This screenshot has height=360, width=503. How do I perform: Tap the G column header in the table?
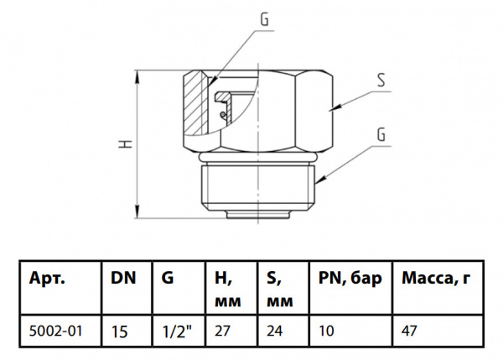[168, 278]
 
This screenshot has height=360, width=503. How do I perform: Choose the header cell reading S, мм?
[277, 287]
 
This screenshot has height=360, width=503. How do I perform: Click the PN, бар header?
[350, 278]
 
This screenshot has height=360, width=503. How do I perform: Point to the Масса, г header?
[436, 278]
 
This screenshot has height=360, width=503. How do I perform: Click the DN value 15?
[119, 331]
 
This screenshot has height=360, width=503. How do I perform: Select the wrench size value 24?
[275, 331]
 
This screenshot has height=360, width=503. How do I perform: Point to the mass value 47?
[410, 331]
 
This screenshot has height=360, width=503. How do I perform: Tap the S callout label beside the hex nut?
[381, 81]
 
